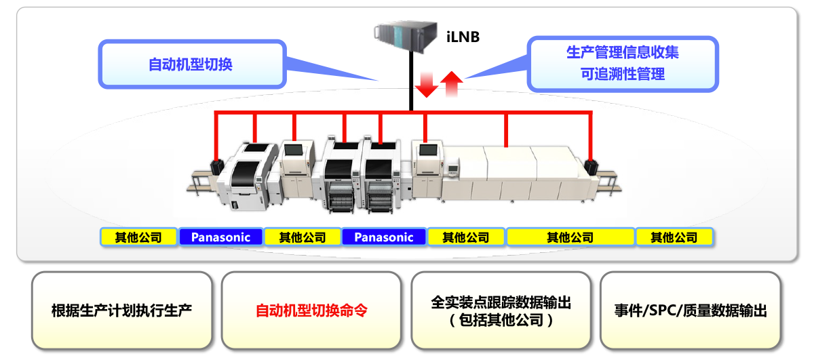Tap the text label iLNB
tap(463, 37)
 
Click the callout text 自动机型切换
tap(191, 64)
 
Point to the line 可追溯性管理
tap(622, 75)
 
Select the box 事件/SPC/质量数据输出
tap(690, 311)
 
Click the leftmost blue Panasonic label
tap(220, 237)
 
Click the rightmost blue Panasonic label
tap(384, 237)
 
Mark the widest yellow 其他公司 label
tap(570, 237)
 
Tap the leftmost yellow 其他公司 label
tap(138, 237)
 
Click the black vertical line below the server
tap(410, 81)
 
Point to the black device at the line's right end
tap(592, 167)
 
